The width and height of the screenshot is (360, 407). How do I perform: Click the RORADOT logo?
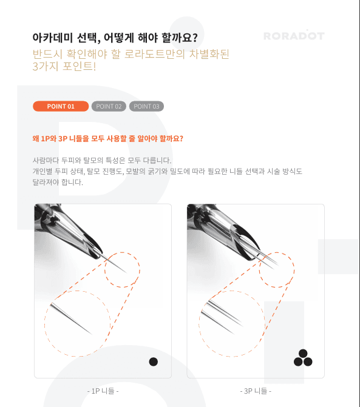[x=293, y=36]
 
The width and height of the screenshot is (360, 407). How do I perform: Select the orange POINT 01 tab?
[x=61, y=106]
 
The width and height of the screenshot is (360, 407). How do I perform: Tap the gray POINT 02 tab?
[x=109, y=106]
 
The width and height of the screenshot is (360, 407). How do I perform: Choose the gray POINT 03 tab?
[x=146, y=106]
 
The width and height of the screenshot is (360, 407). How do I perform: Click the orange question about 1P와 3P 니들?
[x=108, y=138]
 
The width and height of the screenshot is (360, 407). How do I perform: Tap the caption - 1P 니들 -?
[x=103, y=391]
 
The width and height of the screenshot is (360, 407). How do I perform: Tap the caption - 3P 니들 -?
[x=256, y=391]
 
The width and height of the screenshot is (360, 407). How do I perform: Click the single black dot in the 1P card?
[x=154, y=362]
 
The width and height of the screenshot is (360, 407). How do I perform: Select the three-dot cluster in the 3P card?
[x=303, y=358]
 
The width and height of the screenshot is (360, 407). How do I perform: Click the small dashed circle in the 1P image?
[x=122, y=269]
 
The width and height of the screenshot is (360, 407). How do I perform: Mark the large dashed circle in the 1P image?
[x=77, y=323]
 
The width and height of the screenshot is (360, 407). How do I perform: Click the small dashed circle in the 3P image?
[x=276, y=269]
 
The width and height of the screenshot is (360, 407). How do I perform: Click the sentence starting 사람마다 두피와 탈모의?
[x=103, y=161]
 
